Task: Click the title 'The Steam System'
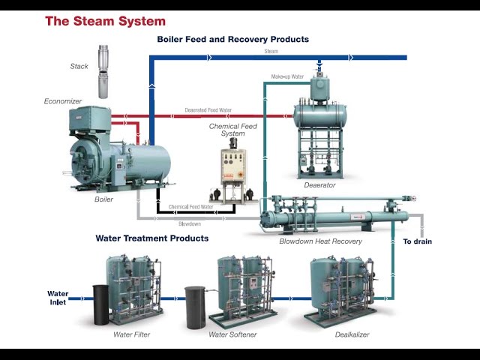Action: coord(105,21)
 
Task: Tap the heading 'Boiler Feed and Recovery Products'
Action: coord(232,39)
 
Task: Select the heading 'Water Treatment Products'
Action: coord(152,238)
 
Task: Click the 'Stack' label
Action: coord(79,66)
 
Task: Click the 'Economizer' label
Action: coord(62,101)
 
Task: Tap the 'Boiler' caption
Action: coord(103,199)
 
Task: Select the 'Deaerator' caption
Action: coord(319,184)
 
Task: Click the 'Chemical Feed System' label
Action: coord(232,130)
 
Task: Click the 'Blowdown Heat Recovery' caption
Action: coord(320,241)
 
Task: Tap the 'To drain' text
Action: coord(418,241)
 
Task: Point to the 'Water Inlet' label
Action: coord(58,298)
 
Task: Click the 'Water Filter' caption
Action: coord(132,334)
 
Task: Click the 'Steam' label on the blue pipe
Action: coord(271,52)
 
